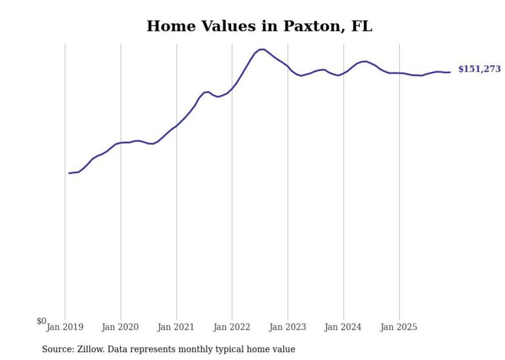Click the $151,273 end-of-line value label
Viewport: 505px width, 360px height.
[x=479, y=69]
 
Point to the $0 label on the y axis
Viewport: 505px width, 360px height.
[x=41, y=321]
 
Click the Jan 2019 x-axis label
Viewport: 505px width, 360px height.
[x=65, y=327]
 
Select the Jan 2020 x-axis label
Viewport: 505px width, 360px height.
[x=121, y=327]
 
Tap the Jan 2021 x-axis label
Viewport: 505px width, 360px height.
[x=176, y=327]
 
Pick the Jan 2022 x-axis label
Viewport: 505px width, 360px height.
[x=232, y=327]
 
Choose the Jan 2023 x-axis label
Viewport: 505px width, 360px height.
[x=288, y=327]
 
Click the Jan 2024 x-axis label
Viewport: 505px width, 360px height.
[x=343, y=327]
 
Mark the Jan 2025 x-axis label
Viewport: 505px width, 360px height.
[x=399, y=327]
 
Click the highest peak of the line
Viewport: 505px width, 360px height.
[x=262, y=49]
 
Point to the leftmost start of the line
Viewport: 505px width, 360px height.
[x=69, y=173]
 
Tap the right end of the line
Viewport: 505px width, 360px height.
[x=450, y=72]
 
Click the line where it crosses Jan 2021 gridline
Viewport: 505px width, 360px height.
[x=177, y=125]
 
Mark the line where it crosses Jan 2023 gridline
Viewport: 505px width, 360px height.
[x=288, y=66]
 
